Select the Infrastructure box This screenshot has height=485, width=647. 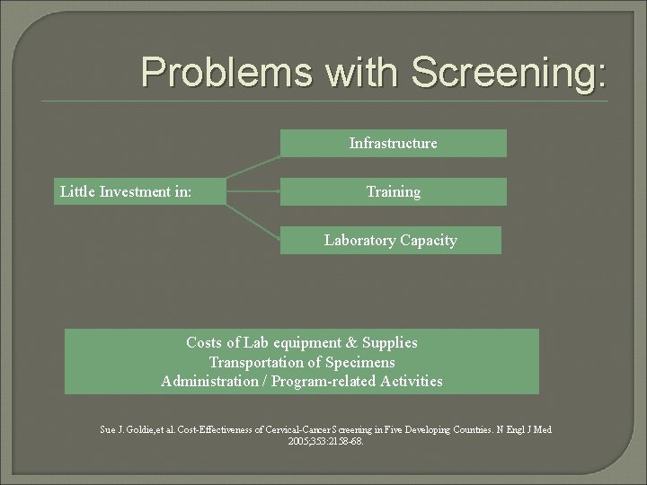[393, 144]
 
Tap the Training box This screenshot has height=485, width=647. [393, 191]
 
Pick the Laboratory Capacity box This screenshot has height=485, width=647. [390, 240]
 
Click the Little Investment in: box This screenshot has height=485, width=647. [139, 191]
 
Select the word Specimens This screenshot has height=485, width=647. [360, 362]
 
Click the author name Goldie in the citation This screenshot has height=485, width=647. [139, 430]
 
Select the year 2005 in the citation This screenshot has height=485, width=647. [298, 442]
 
